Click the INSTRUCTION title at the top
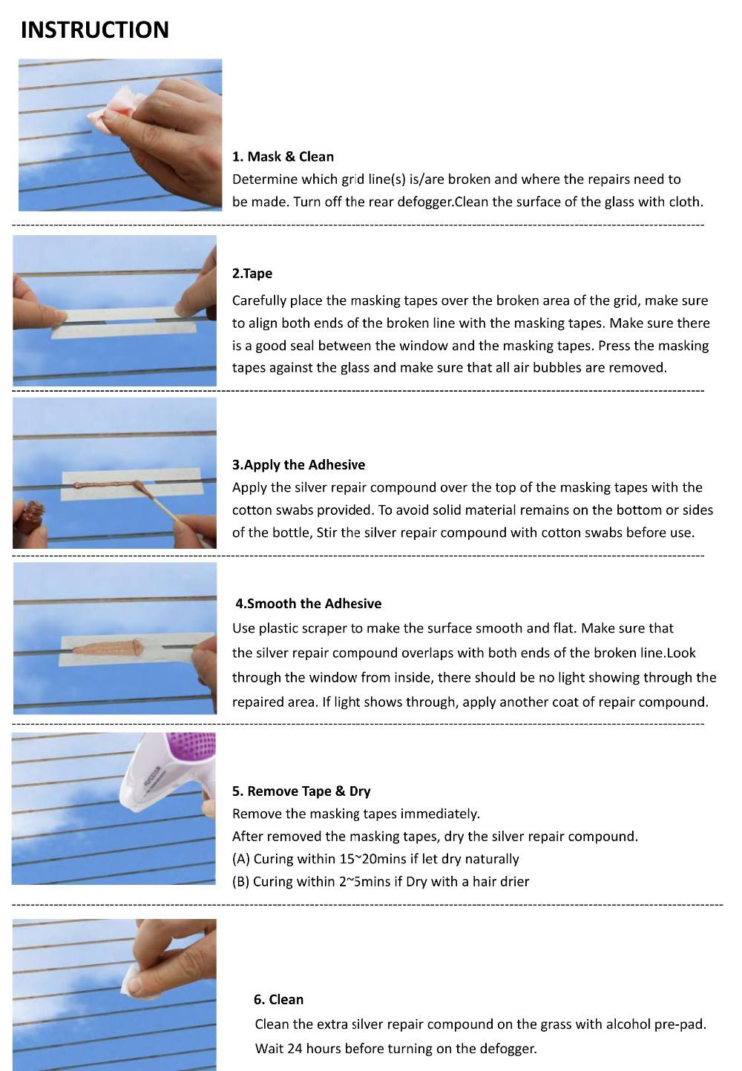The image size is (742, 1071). click(x=95, y=30)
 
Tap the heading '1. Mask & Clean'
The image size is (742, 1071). click(x=283, y=156)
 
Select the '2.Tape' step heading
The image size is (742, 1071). click(x=252, y=274)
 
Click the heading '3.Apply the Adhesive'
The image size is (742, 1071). click(x=298, y=465)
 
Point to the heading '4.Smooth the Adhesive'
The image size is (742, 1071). click(x=309, y=604)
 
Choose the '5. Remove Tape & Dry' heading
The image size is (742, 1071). click(x=301, y=791)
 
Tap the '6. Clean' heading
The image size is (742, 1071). click(x=278, y=999)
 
